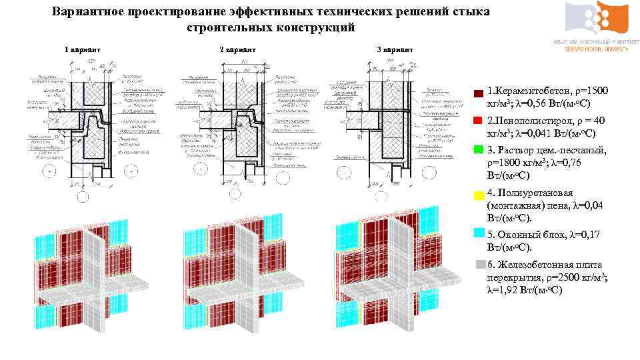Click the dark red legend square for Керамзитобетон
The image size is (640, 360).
[478, 93]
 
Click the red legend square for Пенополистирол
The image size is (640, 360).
[478, 121]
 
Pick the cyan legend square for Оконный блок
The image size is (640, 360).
[478, 233]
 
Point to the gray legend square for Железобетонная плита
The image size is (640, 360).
[478, 264]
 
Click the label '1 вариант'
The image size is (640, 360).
[82, 50]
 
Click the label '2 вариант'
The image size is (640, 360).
[237, 50]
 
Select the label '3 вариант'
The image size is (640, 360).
[395, 50]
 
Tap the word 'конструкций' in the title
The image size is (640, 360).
[318, 28]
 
